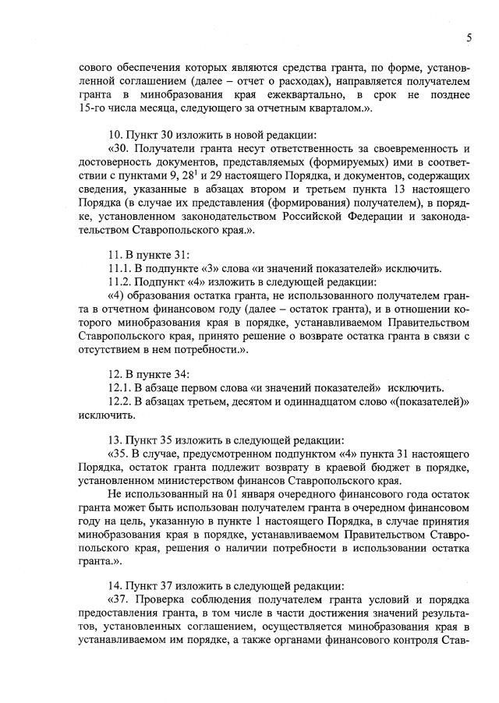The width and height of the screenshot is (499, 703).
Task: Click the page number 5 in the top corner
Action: click(x=469, y=37)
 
